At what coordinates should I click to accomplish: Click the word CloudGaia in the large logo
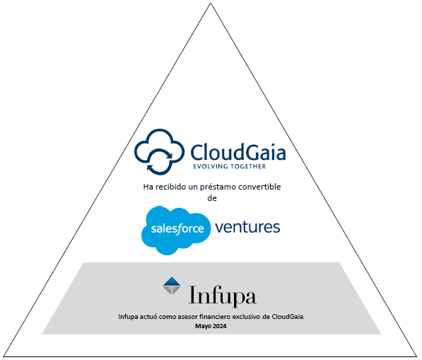(x=238, y=151)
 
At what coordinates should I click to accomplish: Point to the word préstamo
(x=220, y=186)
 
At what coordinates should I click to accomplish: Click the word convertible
(x=261, y=186)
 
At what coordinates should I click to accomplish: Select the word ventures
(x=247, y=227)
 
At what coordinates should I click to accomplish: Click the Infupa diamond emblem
(x=172, y=286)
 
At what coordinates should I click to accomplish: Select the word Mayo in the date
(x=203, y=325)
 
